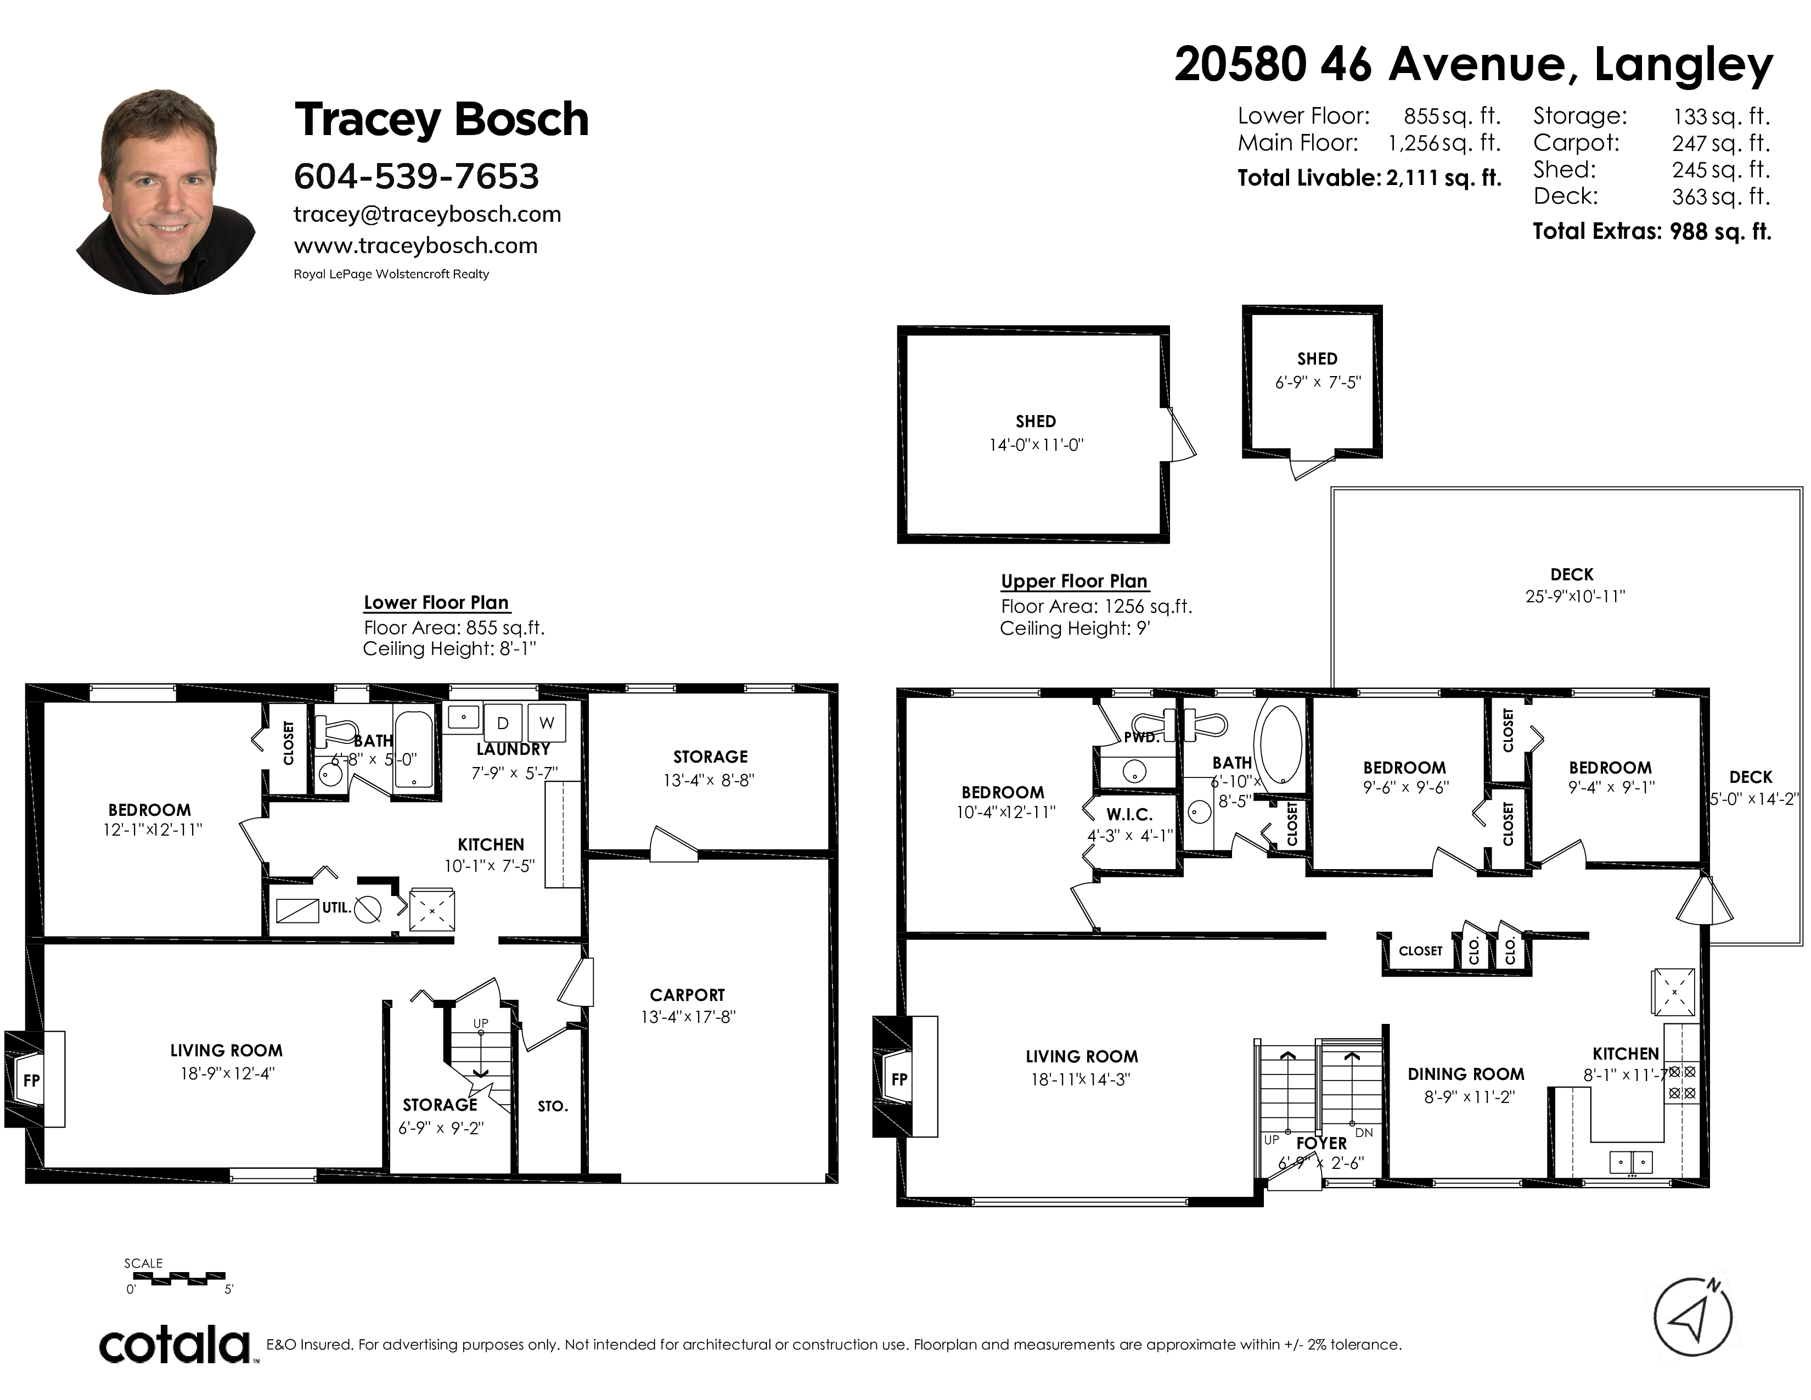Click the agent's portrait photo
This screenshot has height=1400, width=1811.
coord(166,192)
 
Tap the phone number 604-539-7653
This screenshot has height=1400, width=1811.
coord(417,176)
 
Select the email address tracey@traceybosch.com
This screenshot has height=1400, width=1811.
coord(427,215)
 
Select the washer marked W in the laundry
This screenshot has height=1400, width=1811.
coord(547,723)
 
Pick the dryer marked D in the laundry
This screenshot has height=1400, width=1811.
coord(503,723)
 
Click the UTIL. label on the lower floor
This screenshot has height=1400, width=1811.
coord(336,908)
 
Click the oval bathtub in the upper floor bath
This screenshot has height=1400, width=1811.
coord(1281,744)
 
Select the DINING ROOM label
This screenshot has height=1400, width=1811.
coord(1466,1074)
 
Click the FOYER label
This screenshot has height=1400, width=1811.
coord(1322,1143)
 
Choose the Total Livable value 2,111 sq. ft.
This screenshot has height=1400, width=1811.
coord(1444,177)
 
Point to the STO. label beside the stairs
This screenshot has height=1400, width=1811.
coord(552,1106)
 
